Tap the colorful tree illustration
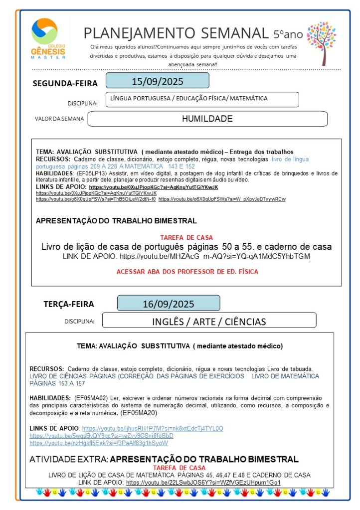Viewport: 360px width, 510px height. pos(322,43)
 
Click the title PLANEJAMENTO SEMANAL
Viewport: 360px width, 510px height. pos(176,33)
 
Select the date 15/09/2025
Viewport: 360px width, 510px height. pos(157,81)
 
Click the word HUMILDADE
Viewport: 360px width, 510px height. pos(207,119)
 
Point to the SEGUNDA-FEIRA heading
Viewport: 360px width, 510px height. pos(65,84)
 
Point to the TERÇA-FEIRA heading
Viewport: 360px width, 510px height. pos(69,304)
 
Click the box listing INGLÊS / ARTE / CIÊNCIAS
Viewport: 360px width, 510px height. pos(209,321)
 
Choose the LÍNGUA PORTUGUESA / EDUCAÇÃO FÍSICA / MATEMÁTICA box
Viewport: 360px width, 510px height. pos(202,99)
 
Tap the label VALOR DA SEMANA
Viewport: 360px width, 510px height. pos(59,119)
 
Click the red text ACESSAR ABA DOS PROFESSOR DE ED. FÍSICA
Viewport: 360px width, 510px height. pos(186,272)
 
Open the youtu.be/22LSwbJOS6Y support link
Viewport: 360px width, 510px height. pos(203,483)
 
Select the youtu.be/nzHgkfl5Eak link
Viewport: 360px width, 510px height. pos(99,443)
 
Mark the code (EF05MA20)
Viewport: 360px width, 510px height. pos(138,413)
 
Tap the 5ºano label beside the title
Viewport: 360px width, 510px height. pos(288,34)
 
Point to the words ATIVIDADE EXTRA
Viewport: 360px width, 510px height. pos(69,459)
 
